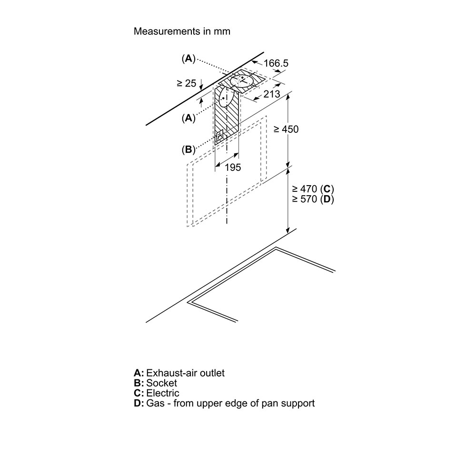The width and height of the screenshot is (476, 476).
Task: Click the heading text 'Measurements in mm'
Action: (182, 31)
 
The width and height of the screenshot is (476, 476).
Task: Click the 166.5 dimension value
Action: (276, 63)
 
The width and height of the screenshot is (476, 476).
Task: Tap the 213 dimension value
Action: (272, 94)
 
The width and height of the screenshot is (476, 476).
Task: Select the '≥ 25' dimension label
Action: (187, 83)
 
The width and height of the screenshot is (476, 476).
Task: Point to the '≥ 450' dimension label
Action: (286, 129)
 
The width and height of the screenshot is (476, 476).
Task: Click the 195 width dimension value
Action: (233, 167)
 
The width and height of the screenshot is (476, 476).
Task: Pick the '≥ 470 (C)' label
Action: (313, 189)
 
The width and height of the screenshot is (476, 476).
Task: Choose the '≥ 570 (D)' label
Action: (313, 199)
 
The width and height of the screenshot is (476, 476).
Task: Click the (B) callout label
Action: (188, 149)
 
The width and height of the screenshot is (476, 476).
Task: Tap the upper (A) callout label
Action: (188, 58)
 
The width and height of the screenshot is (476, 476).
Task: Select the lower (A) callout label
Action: (188, 118)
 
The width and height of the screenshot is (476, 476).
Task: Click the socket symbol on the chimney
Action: (219, 136)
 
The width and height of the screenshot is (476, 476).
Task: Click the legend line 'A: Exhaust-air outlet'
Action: (179, 373)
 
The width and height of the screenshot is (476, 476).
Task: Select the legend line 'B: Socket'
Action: (156, 383)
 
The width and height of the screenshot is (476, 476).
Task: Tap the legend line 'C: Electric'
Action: (157, 393)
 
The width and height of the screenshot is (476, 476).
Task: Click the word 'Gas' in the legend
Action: (155, 404)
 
